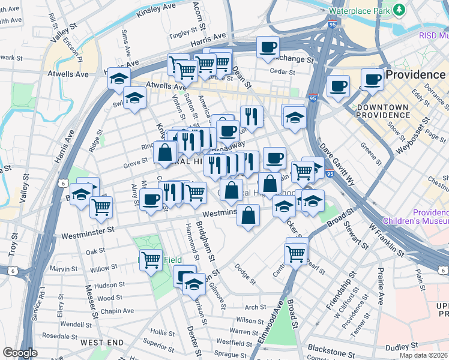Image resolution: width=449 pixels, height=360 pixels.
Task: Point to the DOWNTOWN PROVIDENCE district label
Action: click(382, 110)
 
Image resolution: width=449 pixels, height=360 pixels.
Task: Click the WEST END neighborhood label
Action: click(102, 343)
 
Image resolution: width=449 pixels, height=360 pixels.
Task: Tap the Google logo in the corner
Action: click(20, 353)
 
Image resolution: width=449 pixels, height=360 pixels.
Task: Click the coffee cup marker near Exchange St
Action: click(268, 47)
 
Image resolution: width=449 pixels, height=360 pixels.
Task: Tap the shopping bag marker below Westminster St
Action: click(248, 214)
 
